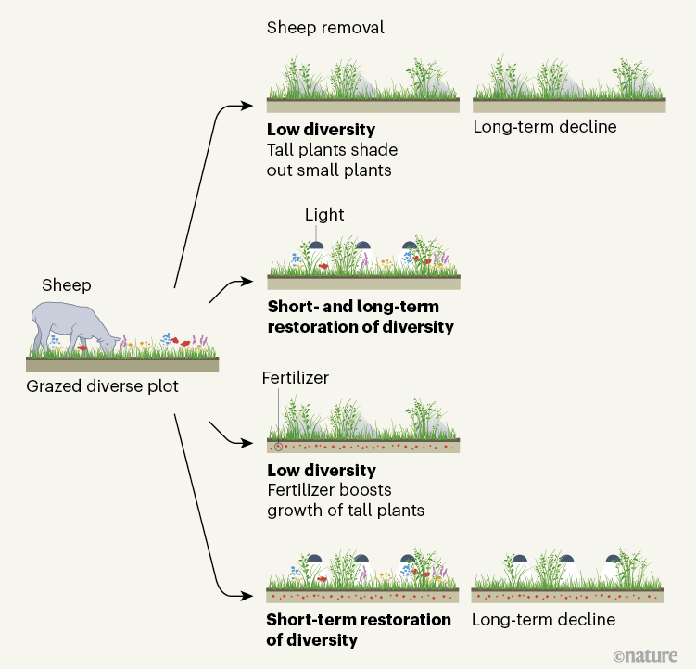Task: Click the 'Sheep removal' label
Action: pyautogui.click(x=324, y=28)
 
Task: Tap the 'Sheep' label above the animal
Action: pyautogui.click(x=67, y=284)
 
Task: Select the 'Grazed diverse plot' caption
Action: pyautogui.click(x=102, y=385)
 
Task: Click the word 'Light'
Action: pyautogui.click(x=324, y=215)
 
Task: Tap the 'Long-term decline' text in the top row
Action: pyautogui.click(x=544, y=127)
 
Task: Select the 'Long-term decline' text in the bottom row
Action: pyautogui.click(x=543, y=620)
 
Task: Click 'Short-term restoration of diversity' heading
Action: pyautogui.click(x=358, y=629)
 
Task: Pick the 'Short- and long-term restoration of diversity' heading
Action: pyautogui.click(x=361, y=316)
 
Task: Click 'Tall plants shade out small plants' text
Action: pyautogui.click(x=329, y=159)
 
